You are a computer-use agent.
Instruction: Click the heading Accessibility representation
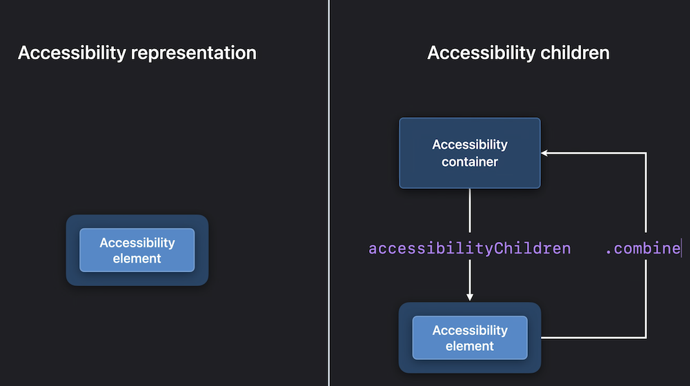[x=137, y=53]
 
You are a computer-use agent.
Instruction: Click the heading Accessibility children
[x=518, y=53]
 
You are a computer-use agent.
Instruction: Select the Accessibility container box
[x=469, y=153]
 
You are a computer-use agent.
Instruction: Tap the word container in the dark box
[x=469, y=162]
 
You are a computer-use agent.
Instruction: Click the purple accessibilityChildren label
[x=469, y=248]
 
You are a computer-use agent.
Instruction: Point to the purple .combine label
[x=643, y=249]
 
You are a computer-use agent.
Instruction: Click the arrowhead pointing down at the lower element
[x=469, y=298]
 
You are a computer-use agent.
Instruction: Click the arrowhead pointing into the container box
[x=544, y=153]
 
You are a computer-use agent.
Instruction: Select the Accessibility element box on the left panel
[x=137, y=250]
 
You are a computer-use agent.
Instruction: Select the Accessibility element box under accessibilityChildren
[x=469, y=338]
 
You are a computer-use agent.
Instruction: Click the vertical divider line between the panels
[x=328, y=193]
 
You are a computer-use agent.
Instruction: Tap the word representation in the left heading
[x=194, y=53]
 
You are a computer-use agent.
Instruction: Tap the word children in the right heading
[x=575, y=53]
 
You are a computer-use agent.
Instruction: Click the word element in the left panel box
[x=137, y=258]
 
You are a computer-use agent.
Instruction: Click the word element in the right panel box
[x=469, y=346]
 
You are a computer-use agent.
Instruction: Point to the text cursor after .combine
[x=681, y=248]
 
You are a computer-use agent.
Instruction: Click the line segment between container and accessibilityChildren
[x=469, y=211]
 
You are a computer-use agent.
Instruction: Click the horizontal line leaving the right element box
[x=593, y=338]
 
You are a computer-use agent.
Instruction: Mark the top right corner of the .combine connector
[x=646, y=153]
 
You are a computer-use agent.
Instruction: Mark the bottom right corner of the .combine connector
[x=646, y=338]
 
